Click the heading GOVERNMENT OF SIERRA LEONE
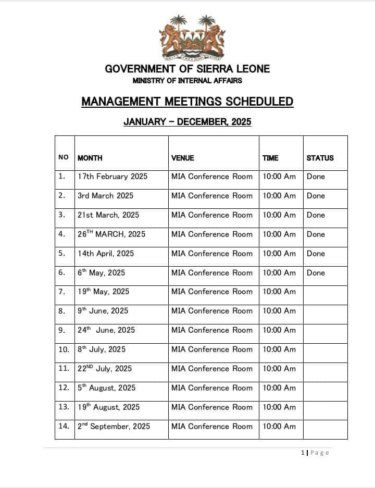pos(187,69)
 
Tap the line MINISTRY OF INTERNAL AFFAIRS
pos(187,81)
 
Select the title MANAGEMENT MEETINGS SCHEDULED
pos(187,102)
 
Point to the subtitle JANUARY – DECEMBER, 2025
pos(187,122)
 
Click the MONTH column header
pos(90,158)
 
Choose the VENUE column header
pos(183,158)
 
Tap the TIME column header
pos(270,158)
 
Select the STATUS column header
pos(320,158)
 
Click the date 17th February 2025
pos(113,177)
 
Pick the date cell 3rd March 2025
pos(106,196)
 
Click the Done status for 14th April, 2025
pos(316,254)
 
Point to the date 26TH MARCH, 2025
pos(111,234)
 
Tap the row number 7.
pos(62,292)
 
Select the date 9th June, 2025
pos(103,311)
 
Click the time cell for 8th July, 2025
pos(279,349)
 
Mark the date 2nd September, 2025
pos(114,427)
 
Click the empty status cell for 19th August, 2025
pos(325,407)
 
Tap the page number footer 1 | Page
pos(315,453)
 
